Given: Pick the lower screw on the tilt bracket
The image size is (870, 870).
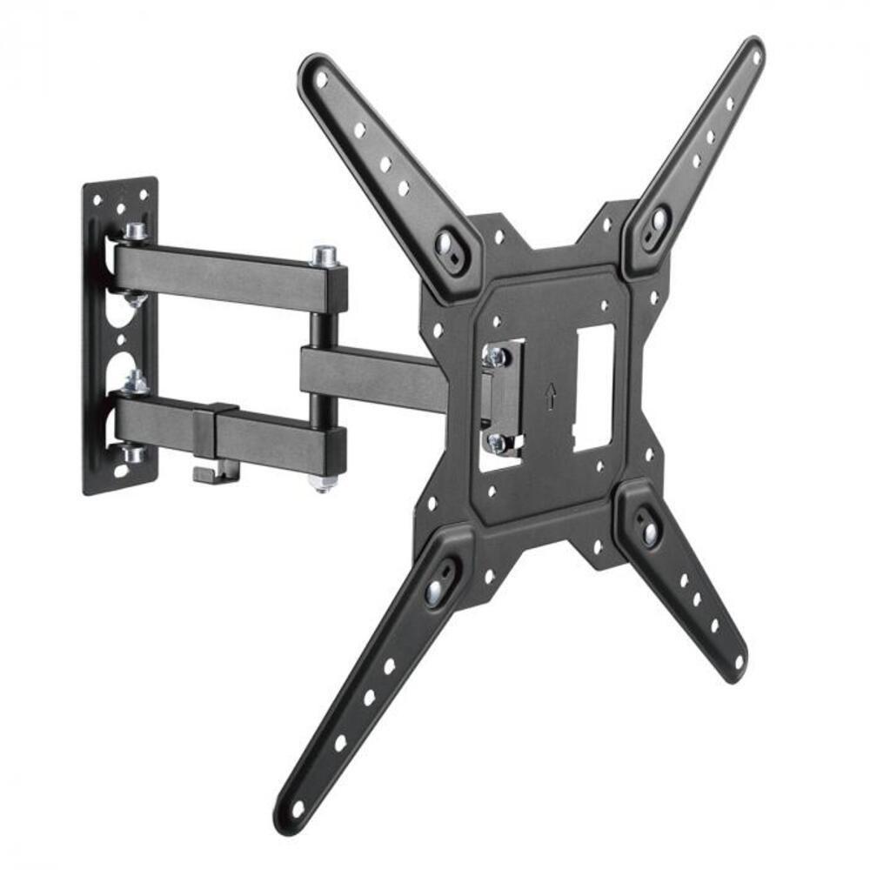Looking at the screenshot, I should [x=498, y=442].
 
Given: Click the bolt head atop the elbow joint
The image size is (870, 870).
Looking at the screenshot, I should [x=325, y=256].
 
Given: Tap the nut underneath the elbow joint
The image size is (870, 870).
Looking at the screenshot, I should [x=323, y=482].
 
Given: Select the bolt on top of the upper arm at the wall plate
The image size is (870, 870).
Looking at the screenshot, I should [x=135, y=232].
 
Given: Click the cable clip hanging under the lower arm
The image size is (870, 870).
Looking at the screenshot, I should [x=209, y=471].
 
